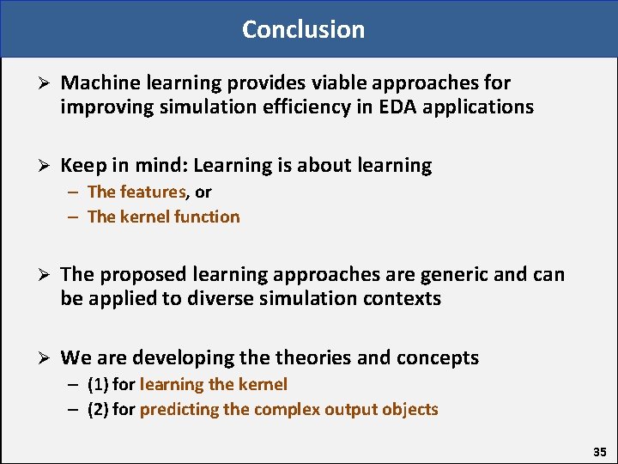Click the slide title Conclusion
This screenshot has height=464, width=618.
[303, 29]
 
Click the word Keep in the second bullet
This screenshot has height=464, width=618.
[80, 166]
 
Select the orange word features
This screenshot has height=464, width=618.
[154, 192]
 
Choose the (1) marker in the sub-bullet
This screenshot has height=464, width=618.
[98, 384]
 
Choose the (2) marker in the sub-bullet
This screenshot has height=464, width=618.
[98, 409]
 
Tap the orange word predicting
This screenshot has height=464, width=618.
[179, 409]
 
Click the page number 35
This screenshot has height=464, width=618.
[599, 451]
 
